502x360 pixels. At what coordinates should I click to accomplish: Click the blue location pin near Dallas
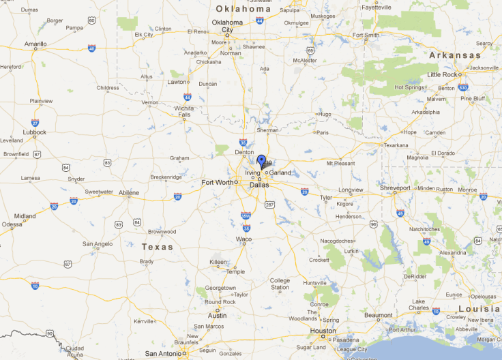261,161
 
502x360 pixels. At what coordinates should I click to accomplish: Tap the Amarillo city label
35,44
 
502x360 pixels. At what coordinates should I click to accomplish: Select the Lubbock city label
34,132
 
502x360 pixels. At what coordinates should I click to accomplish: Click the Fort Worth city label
217,182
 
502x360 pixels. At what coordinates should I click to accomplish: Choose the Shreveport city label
396,187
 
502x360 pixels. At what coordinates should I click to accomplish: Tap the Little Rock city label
443,74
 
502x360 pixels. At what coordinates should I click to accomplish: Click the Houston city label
323,331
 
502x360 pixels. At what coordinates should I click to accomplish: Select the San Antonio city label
164,353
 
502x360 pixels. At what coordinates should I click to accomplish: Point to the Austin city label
217,316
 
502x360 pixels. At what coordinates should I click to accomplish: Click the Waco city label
243,239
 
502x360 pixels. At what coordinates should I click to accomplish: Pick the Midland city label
25,216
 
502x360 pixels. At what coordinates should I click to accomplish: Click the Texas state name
158,247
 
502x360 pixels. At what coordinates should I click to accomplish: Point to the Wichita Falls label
183,111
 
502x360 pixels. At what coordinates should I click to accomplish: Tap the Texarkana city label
396,145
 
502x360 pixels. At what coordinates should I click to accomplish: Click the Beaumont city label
379,315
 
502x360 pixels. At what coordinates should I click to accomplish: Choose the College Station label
280,284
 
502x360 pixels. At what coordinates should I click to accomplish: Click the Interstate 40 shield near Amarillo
91,48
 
